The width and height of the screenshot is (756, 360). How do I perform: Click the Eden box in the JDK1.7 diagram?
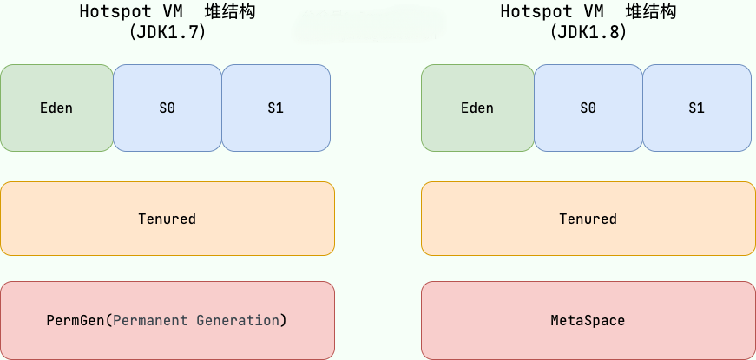(57, 108)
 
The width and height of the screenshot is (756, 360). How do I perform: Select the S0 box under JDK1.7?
(168, 108)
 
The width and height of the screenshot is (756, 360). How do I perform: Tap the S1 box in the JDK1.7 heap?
(276, 108)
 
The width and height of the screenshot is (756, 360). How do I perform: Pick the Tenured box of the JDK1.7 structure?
(168, 219)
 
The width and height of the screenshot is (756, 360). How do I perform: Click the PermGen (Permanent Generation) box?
(168, 320)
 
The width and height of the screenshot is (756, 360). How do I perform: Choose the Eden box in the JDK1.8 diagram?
(477, 108)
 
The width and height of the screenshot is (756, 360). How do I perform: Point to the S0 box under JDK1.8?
(588, 108)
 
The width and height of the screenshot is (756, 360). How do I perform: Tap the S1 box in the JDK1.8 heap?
(697, 108)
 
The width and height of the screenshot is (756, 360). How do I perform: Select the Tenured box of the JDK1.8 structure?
(588, 219)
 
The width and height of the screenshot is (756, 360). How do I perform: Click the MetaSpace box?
(588, 320)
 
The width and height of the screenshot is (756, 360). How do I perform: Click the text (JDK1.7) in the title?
(168, 32)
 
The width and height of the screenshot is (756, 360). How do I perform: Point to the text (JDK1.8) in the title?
(588, 32)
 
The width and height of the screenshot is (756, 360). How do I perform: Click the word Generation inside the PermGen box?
(238, 320)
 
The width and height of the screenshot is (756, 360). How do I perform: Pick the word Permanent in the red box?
(150, 320)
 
